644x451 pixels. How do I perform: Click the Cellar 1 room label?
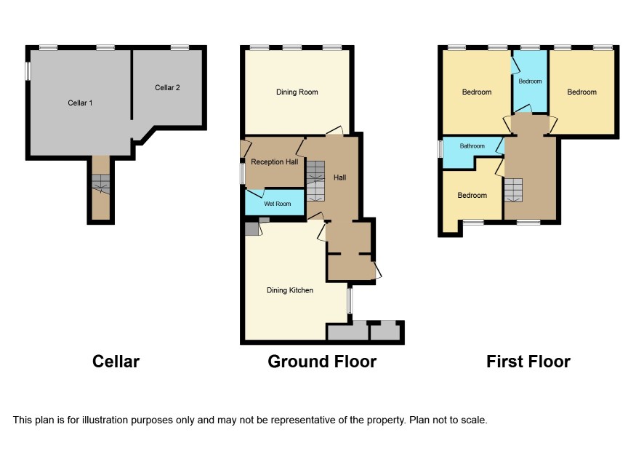coord(80,103)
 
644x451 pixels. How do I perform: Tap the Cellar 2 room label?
coord(167,87)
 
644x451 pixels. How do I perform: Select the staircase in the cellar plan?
coord(100,184)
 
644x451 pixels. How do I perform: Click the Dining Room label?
coord(297,92)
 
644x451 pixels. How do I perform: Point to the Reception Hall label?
coord(274,162)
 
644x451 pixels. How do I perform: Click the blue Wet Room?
coord(275,202)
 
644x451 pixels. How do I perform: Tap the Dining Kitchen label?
coord(290,290)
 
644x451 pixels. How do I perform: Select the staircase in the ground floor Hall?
coord(315,181)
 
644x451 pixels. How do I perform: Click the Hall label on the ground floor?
coord(339,177)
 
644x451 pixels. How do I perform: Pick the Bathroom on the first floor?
coord(469,151)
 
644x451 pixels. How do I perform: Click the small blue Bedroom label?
coord(530,81)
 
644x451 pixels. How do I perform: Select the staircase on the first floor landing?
coord(513,190)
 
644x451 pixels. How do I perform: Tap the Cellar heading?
coord(116,362)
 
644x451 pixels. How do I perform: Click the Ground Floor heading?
coord(322,362)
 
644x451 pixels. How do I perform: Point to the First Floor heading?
coord(528,362)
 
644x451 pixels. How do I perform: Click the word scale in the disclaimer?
coord(474,420)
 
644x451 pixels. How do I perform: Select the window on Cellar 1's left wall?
coord(28,71)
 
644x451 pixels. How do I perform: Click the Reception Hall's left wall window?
coord(243,172)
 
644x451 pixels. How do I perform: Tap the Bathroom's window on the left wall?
coord(440,149)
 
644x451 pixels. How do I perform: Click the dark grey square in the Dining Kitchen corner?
coord(251,228)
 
